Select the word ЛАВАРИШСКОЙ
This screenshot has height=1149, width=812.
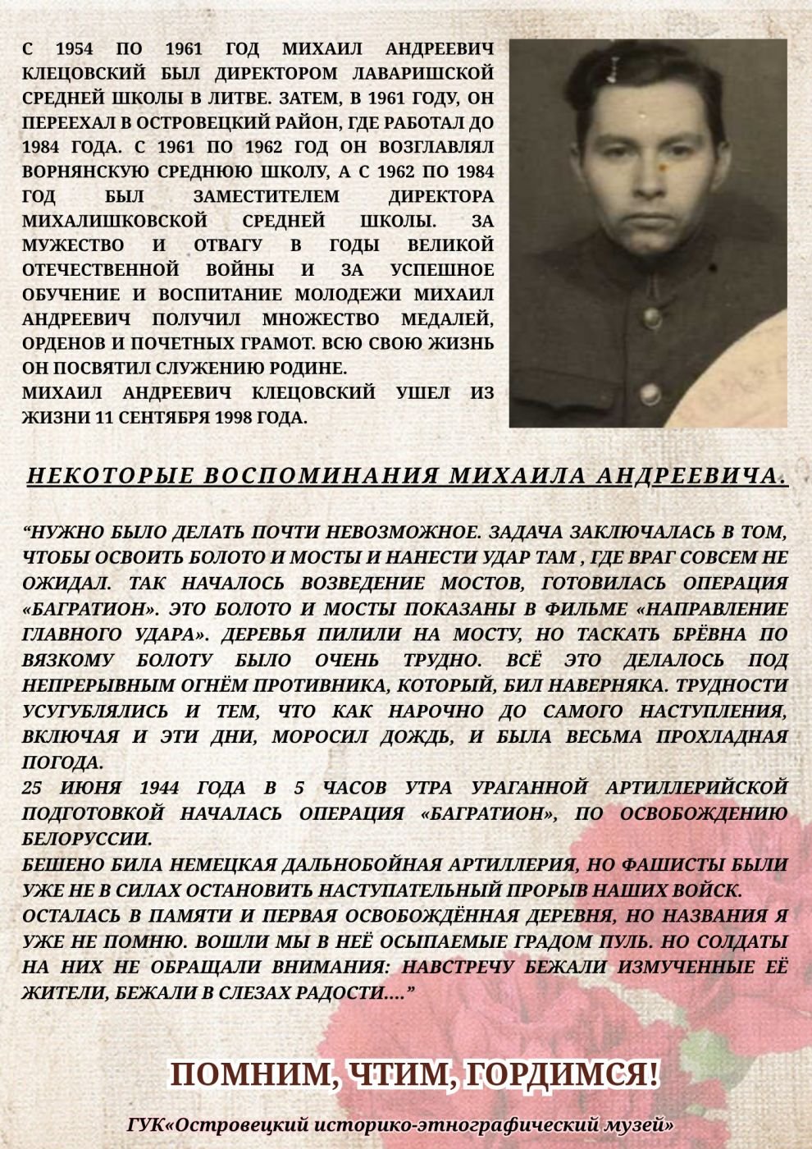(421, 74)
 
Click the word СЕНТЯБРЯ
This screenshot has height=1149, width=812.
(162, 417)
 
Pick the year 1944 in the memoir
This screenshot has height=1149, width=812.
(164, 788)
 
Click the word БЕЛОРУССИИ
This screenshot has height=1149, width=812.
(86, 840)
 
